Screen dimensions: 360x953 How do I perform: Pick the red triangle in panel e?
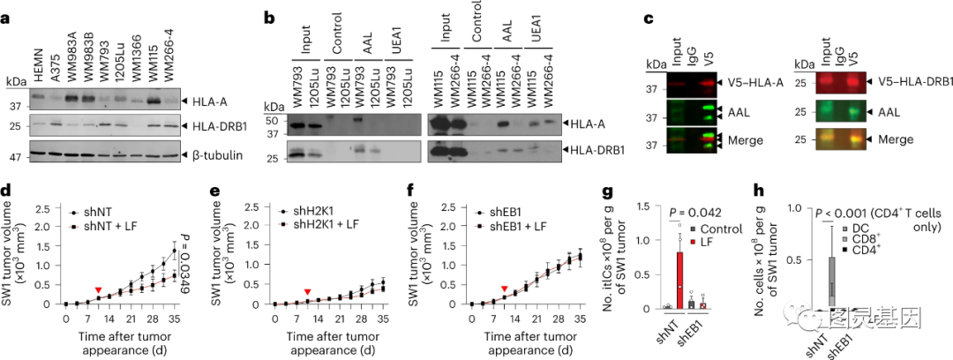306,291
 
